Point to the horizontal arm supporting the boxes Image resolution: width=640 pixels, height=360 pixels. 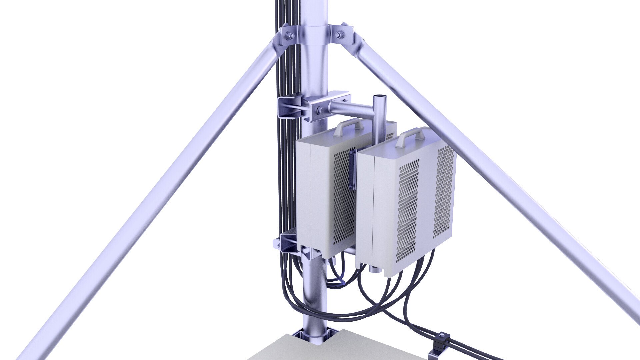pyautogui.click(x=350, y=108)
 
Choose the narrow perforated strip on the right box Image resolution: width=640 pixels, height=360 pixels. pyautogui.click(x=443, y=192)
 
